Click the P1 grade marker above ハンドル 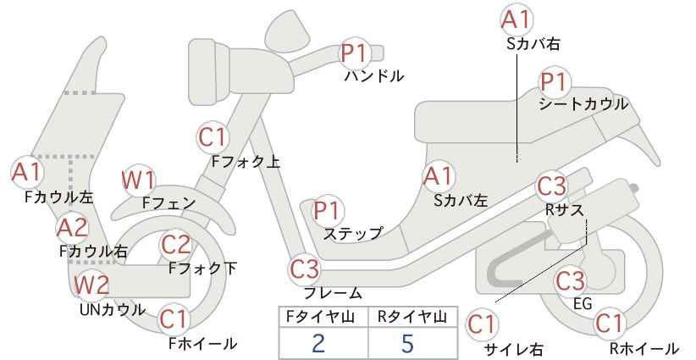tap(356, 53)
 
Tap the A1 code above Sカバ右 tap(516, 19)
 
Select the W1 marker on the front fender tap(139, 181)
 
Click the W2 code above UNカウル tap(91, 285)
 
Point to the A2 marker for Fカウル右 tap(73, 228)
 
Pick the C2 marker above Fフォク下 tap(176, 245)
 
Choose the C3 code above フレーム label tap(305, 269)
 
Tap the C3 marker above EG tap(571, 281)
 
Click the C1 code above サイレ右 tap(481, 325)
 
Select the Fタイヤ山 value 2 tap(318, 344)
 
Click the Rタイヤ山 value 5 tap(407, 344)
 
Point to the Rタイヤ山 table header tap(412, 317)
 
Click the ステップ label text tap(353, 234)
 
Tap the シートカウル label tap(583, 104)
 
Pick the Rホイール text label tap(644, 348)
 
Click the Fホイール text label tap(202, 343)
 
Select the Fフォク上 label tap(246, 162)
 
